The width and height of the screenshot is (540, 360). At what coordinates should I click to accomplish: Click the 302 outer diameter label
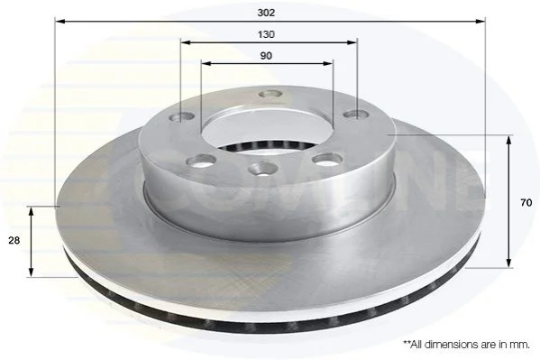pos(266,13)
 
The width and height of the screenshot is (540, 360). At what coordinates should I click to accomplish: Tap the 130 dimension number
pos(266,34)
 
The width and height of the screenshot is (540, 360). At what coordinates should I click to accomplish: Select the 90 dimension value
pos(266,56)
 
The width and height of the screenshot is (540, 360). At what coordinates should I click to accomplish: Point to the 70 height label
pos(526,203)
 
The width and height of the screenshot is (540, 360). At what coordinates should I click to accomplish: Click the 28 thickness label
pos(14,240)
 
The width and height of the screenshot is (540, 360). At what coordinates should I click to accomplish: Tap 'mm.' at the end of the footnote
pos(521,345)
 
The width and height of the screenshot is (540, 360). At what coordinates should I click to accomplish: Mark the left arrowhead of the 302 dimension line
pos(59,22)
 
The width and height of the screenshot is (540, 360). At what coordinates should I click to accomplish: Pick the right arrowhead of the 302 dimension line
pos(481,22)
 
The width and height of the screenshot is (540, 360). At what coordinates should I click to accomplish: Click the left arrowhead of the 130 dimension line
pos(186,42)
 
